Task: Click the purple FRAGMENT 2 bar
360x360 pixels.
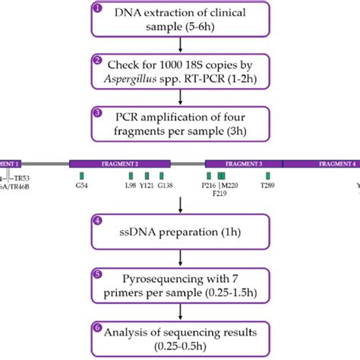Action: [x=120, y=163]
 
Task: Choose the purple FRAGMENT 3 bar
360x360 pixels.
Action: [x=244, y=163]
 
